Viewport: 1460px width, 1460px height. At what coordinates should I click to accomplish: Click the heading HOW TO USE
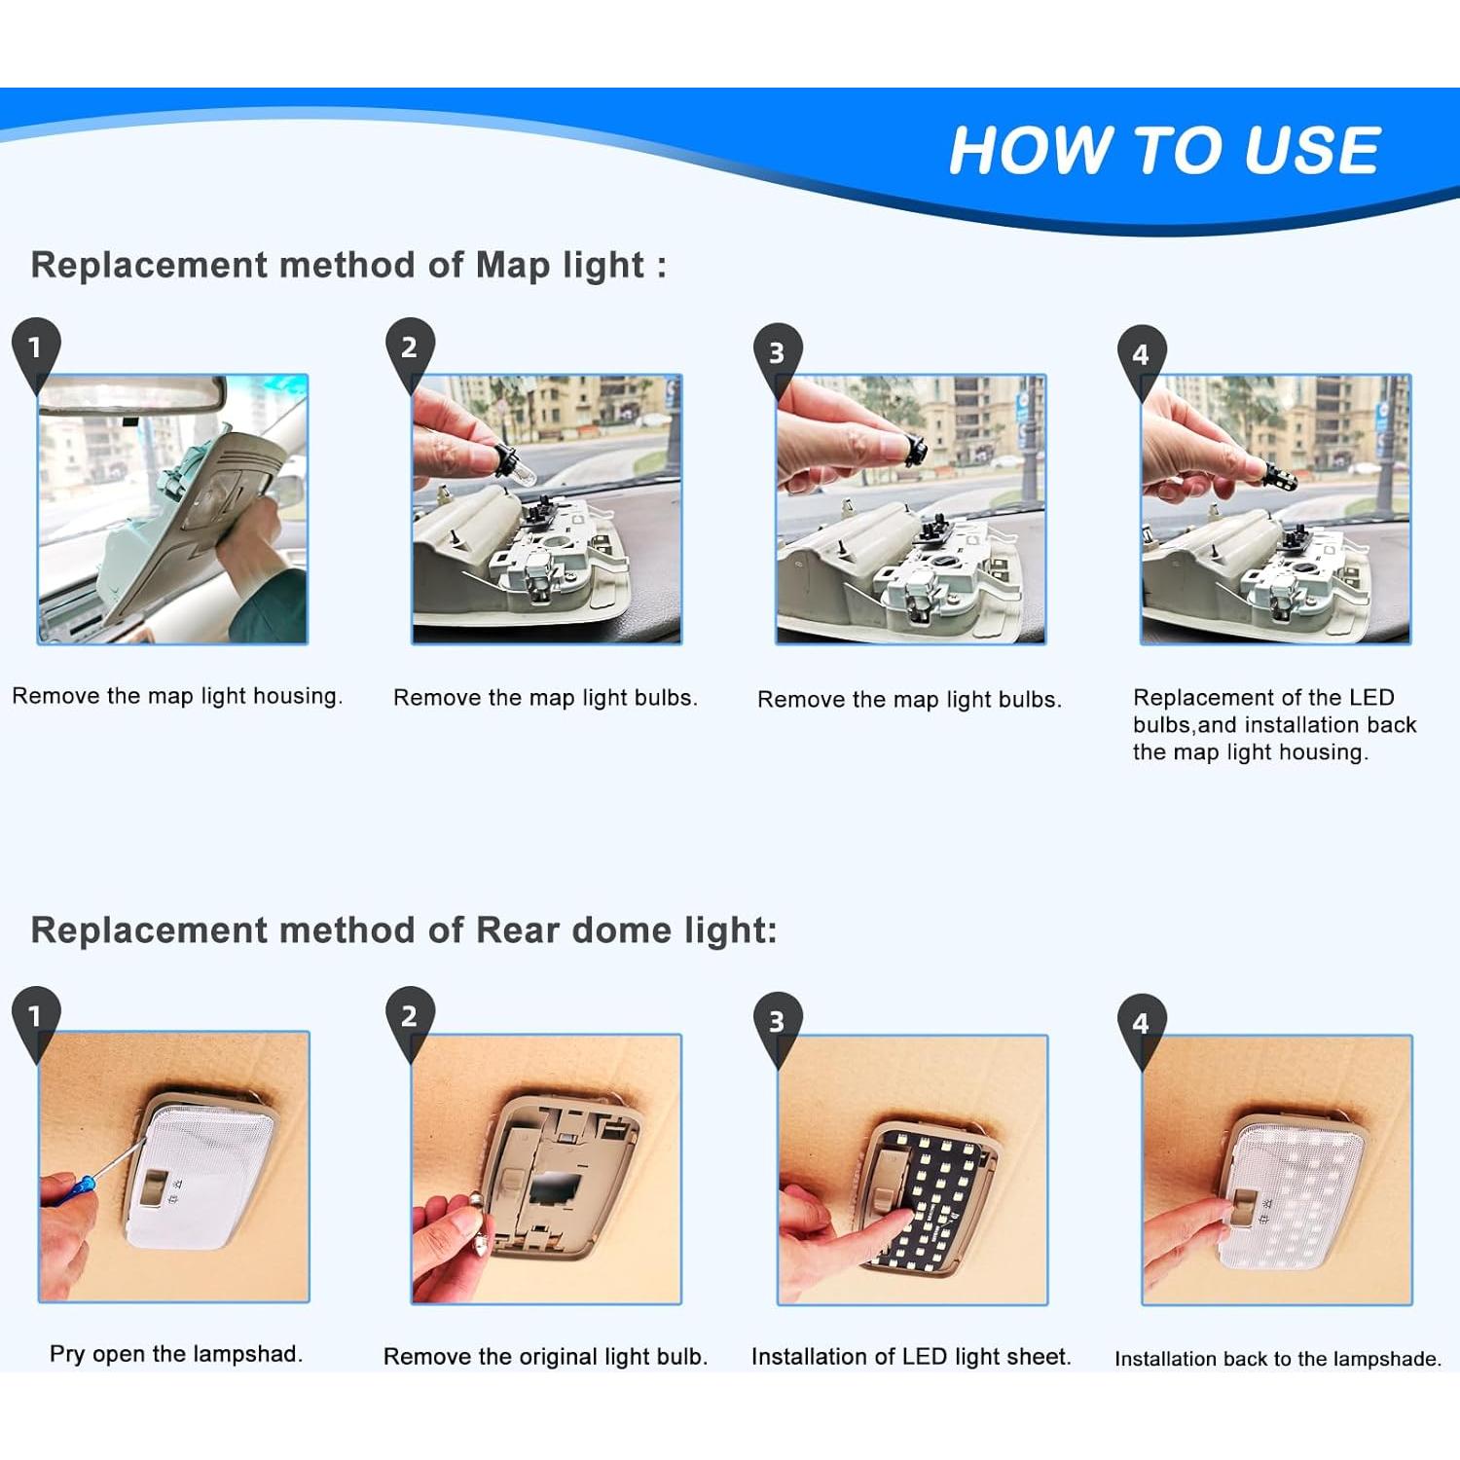(x=1164, y=150)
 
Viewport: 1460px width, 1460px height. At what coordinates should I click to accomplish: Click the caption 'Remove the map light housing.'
(x=177, y=696)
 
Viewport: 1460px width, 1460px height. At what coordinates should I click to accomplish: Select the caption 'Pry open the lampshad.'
(x=176, y=1354)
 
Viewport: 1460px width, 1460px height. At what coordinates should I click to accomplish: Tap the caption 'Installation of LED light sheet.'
(x=911, y=1357)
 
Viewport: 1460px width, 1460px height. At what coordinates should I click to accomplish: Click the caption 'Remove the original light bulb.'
(x=545, y=1357)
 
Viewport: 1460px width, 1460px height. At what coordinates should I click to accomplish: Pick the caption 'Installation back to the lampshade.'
(x=1278, y=1359)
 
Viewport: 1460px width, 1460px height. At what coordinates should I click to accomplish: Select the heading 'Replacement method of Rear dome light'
(x=404, y=931)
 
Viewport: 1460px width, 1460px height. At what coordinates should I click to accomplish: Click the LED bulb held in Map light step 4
(x=1277, y=474)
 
